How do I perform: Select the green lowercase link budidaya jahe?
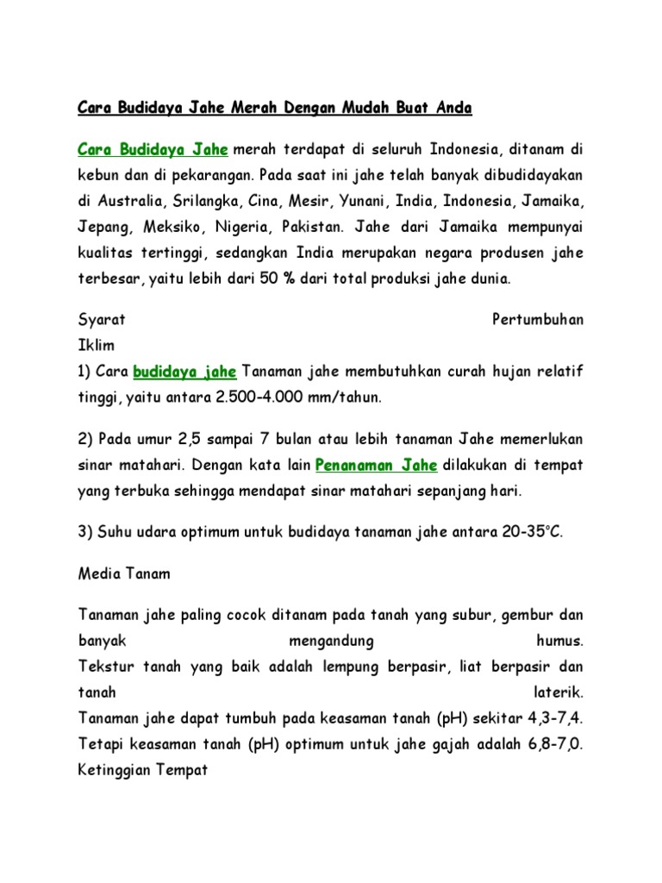185,373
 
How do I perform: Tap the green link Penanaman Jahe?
377,466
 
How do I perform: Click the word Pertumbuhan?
537,320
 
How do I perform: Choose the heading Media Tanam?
124,573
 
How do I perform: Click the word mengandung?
330,642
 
